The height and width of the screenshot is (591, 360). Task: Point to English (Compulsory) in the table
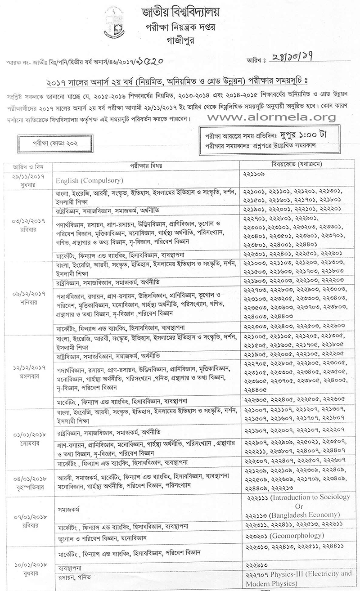(x=90, y=181)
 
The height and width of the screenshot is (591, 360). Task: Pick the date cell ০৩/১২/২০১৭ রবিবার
(x=28, y=225)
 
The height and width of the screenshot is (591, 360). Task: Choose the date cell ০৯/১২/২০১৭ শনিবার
(x=28, y=299)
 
